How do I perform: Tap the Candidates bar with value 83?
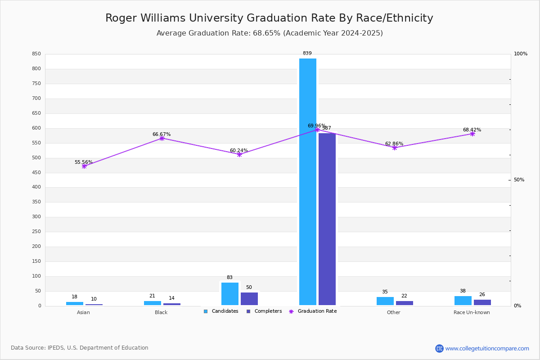coord(230,294)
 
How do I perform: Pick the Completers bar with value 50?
coord(249,299)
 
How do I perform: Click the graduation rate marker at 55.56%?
coord(84,166)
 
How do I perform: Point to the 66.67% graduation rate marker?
coord(162,139)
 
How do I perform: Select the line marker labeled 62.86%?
coord(395,148)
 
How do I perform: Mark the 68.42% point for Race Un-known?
coord(472,134)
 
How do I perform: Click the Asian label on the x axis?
coord(83,313)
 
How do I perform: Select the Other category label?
coord(393,313)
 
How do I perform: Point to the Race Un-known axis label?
coord(472,313)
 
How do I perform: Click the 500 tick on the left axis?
coord(36,158)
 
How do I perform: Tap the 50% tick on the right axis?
coord(519,180)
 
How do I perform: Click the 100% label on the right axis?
coord(521,54)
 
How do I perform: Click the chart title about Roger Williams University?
coord(269,18)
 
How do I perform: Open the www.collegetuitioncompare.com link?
coord(487,348)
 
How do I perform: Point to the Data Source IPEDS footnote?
coord(80,348)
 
